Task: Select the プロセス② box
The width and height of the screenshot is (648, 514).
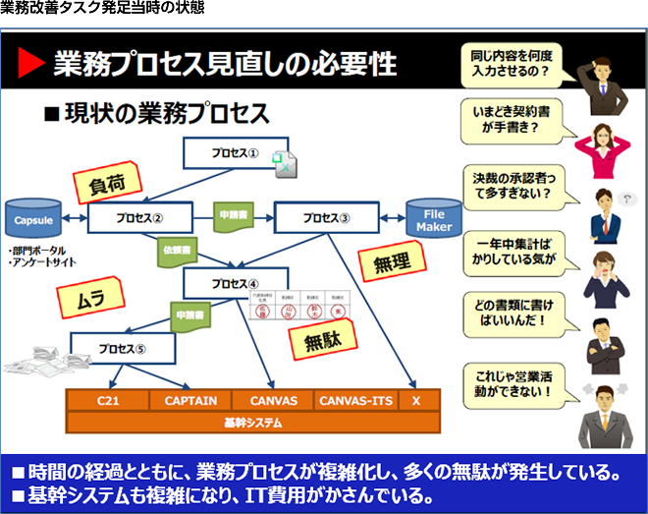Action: point(137,218)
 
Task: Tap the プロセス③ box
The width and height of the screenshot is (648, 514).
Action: point(324,218)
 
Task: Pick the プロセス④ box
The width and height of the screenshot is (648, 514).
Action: point(233,284)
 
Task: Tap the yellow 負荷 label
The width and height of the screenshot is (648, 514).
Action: point(107,183)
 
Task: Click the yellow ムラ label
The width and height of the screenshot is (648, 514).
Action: point(89,295)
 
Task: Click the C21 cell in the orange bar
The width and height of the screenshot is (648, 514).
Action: point(107,401)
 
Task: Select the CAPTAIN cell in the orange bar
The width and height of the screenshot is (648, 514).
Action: point(190,401)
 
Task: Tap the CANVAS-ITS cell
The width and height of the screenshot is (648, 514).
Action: point(355,401)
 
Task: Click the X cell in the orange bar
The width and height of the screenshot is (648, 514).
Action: point(416,401)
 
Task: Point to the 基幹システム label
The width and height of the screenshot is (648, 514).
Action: point(252,423)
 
